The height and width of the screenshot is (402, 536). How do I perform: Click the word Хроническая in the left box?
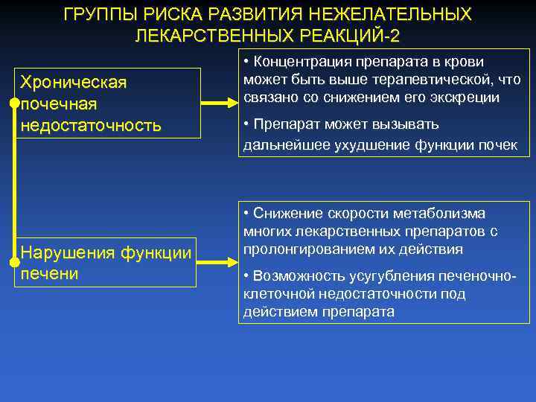(x=74, y=81)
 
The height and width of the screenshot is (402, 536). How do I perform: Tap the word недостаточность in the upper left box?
(x=92, y=124)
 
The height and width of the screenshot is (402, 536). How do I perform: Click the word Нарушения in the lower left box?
(x=68, y=252)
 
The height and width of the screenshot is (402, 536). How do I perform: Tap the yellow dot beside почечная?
(x=15, y=103)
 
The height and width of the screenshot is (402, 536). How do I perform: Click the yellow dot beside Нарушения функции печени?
(x=15, y=262)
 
